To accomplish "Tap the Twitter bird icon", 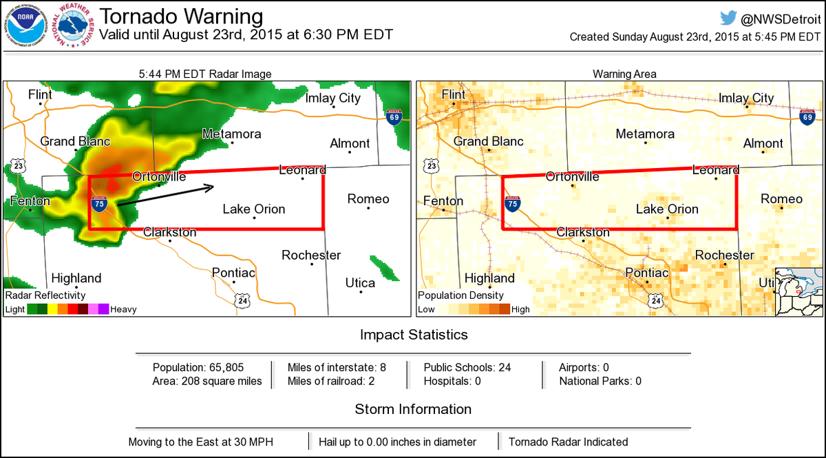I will point(729,19).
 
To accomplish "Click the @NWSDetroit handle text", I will point(781,19).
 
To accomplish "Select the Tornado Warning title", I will point(182,17).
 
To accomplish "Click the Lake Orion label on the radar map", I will point(253,209).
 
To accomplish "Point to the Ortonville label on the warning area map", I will point(572,176).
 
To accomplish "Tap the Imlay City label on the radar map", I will point(332,98).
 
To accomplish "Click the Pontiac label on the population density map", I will point(646,273).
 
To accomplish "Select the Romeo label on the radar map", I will point(368,199).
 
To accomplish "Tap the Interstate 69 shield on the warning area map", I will point(807,118).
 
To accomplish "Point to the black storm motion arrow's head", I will point(214,186).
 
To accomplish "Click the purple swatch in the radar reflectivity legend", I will point(103,309).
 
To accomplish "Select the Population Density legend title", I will point(456,295).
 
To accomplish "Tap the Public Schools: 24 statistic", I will point(467,367).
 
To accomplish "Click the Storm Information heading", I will point(413,409).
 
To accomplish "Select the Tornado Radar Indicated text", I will point(568,441).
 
